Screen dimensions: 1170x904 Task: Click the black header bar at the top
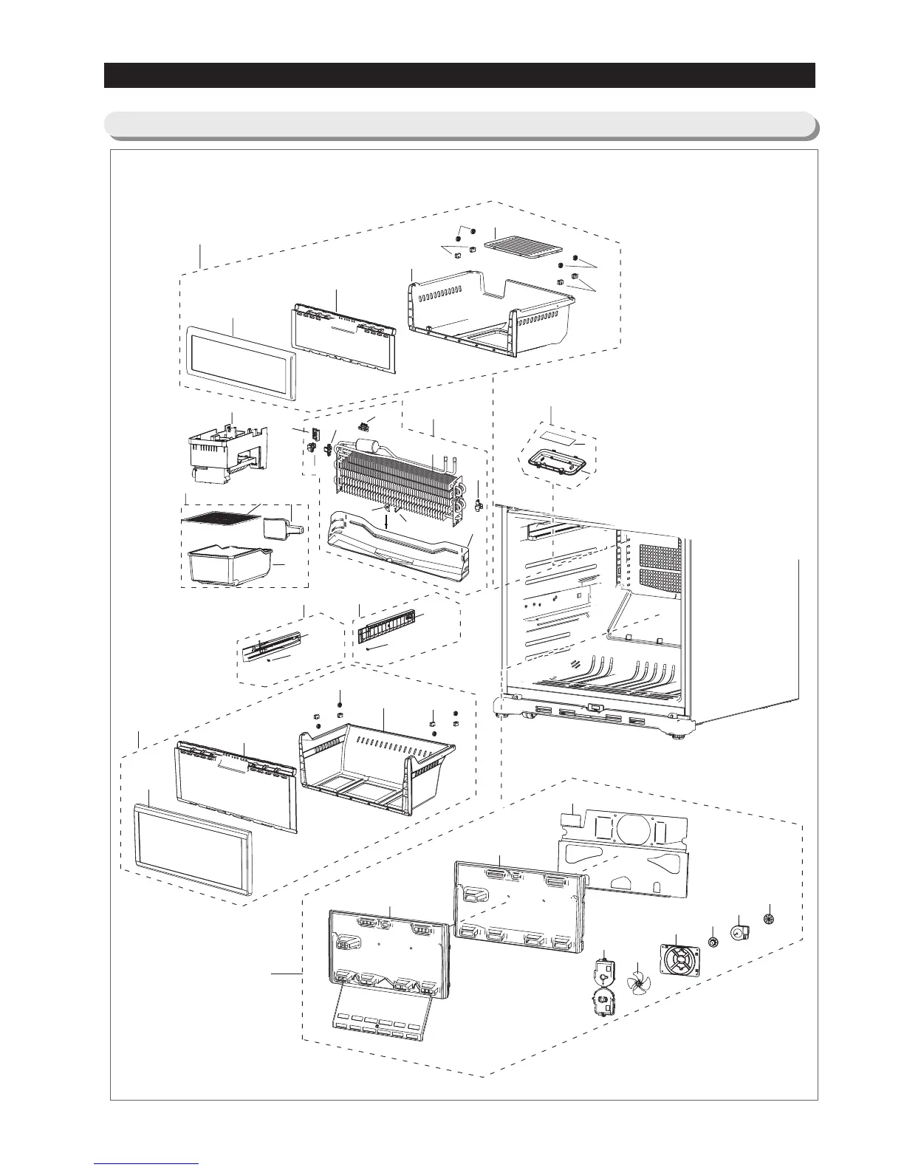click(459, 75)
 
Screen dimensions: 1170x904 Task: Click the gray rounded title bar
click(459, 125)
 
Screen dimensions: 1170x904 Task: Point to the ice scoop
click(281, 527)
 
